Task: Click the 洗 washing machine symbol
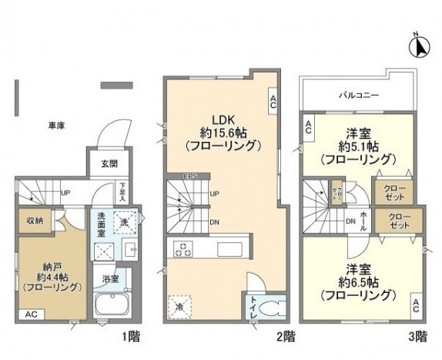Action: click(124, 222)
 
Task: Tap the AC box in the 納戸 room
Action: click(31, 315)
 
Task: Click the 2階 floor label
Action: click(284, 336)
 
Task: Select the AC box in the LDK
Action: click(273, 98)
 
